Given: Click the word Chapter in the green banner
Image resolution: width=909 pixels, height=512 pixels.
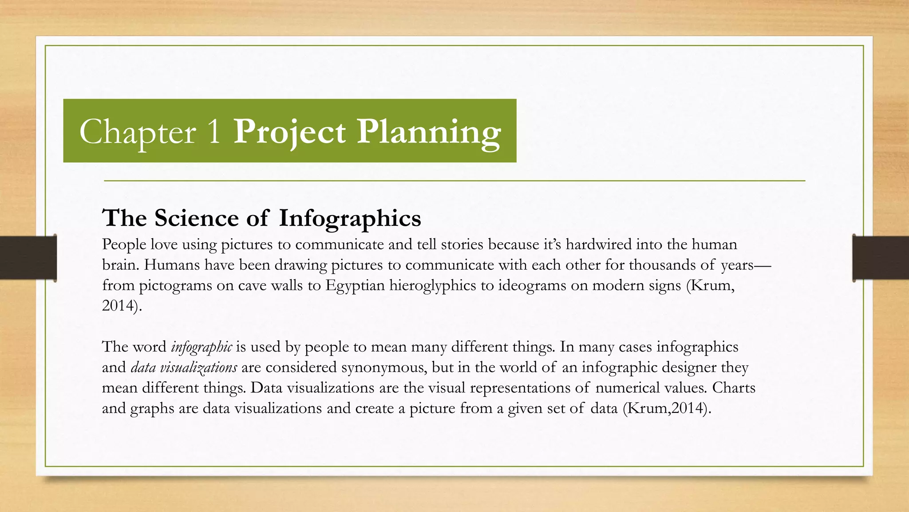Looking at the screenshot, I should click(137, 132).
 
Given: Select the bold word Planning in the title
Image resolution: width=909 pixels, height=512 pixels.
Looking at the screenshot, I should click(429, 132).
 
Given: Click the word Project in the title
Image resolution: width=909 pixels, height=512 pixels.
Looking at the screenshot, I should click(289, 132).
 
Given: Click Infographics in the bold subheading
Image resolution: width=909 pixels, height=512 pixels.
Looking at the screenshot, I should click(350, 218).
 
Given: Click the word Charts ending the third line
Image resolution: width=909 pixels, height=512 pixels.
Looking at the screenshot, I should click(733, 388).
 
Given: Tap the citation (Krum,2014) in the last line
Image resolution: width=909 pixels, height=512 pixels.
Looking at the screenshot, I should click(667, 408).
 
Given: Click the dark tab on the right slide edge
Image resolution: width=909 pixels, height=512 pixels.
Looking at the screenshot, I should click(881, 258).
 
